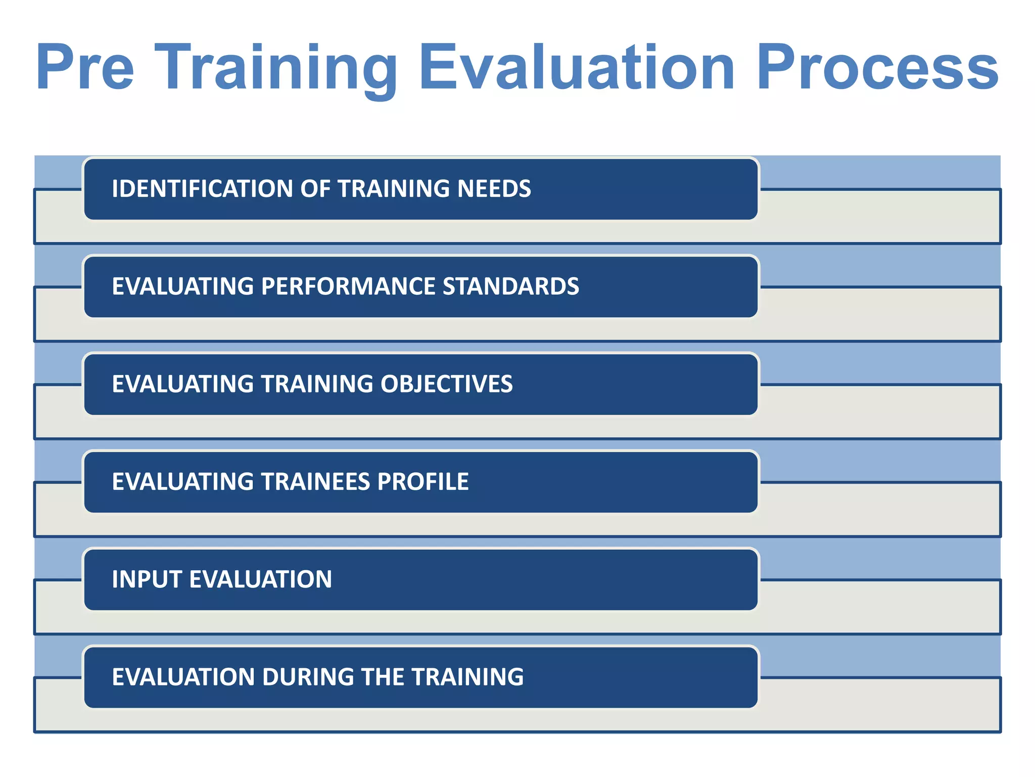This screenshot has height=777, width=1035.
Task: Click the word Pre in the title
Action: (85, 68)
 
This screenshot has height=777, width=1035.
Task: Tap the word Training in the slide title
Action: (276, 68)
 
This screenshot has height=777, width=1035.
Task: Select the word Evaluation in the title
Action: (577, 68)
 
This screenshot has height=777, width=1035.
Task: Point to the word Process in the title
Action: (877, 68)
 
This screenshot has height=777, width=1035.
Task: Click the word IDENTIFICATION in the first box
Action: (202, 189)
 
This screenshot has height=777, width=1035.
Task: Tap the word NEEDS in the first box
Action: (494, 189)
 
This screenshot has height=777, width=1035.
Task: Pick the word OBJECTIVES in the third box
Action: (446, 384)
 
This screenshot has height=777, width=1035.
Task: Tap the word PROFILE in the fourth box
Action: (422, 482)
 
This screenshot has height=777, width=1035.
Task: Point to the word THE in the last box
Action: (383, 677)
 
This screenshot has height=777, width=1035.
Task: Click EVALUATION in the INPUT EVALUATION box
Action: (260, 579)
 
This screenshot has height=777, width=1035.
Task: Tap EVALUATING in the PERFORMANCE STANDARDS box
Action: (182, 286)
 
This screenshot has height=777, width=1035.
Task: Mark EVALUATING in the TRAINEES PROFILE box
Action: (182, 482)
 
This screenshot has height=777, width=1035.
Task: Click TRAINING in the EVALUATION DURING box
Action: (467, 677)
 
